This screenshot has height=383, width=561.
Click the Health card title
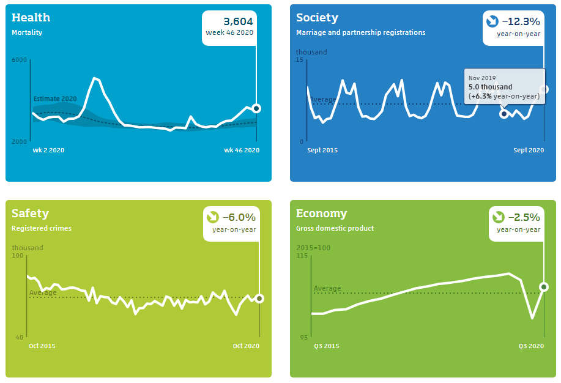31,18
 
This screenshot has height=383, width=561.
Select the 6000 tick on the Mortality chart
19,59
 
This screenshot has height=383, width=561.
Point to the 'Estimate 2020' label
55,99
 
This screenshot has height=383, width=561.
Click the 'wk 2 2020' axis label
49,150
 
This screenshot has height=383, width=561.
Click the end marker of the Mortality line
256,108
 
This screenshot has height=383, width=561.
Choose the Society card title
317,18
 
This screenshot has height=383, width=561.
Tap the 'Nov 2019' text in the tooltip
481,78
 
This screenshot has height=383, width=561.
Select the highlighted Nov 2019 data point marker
503,114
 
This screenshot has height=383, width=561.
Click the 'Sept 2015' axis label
322,150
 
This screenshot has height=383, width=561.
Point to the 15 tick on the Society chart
300,59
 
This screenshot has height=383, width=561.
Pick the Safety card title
30,214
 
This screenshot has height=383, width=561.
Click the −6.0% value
239,217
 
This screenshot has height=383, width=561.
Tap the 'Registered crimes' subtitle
42,228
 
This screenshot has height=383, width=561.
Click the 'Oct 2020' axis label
246,346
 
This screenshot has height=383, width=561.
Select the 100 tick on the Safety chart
18,255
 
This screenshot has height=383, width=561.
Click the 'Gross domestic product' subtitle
335,228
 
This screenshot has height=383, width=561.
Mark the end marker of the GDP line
543,287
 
